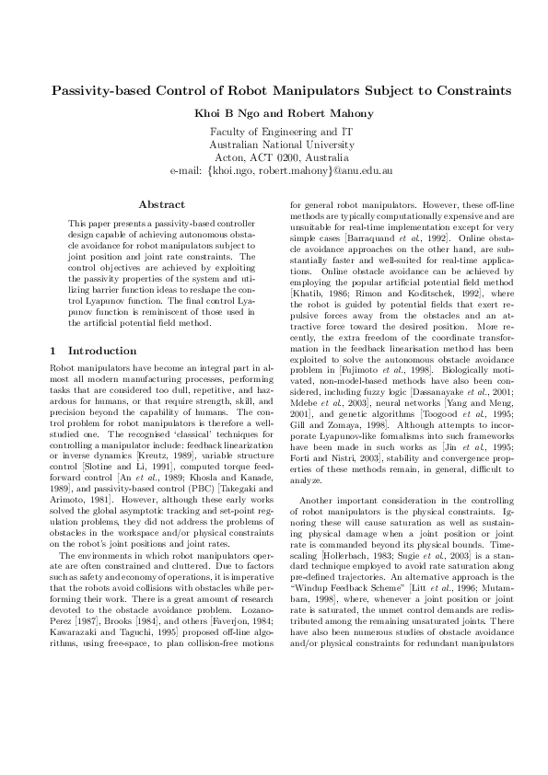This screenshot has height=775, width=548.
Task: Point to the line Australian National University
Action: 274,145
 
